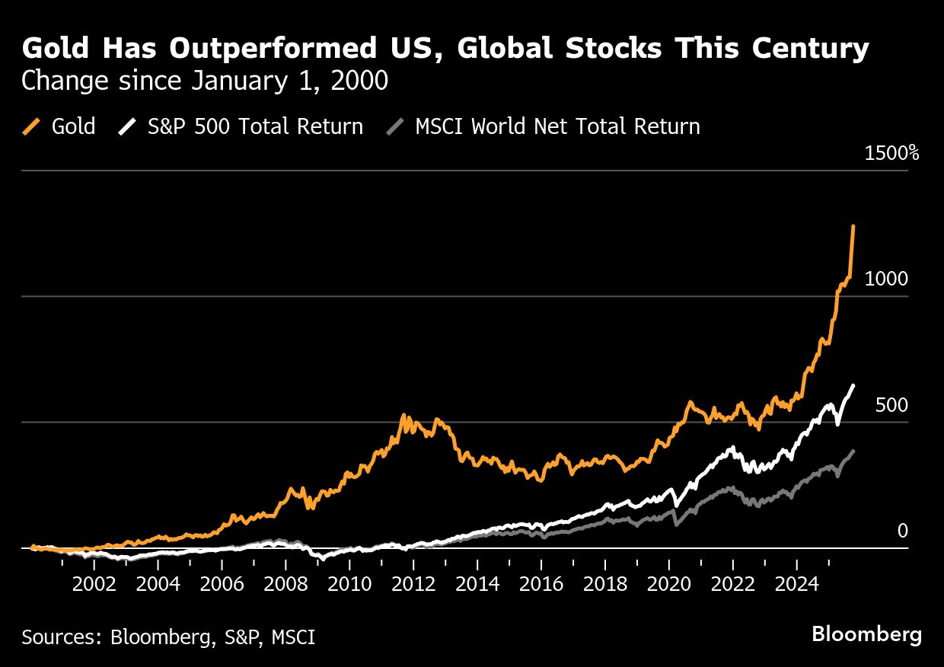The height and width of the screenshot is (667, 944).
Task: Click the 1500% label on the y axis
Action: coord(891,153)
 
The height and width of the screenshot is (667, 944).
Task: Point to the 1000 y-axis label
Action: coord(886,279)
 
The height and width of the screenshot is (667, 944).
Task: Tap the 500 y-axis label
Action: coord(891,406)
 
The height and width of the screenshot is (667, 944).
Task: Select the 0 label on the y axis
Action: coord(902,531)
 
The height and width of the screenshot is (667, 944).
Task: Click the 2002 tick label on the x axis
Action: coord(94,586)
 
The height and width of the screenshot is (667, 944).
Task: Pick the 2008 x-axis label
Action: coord(285,586)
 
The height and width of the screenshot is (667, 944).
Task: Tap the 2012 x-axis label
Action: coord(413,586)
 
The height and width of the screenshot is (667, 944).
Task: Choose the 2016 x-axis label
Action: coord(541,586)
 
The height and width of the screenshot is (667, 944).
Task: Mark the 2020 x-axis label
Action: coord(668,586)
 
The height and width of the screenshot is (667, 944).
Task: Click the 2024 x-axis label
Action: coord(796,586)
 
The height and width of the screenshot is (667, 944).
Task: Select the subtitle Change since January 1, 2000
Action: coord(205,81)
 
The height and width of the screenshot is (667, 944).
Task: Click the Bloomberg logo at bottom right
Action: coord(866,634)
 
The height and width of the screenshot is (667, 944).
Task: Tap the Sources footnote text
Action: coord(168,637)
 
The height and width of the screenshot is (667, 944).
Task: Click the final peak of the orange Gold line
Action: coord(853,226)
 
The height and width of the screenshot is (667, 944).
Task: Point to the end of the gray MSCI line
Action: coord(853,451)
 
